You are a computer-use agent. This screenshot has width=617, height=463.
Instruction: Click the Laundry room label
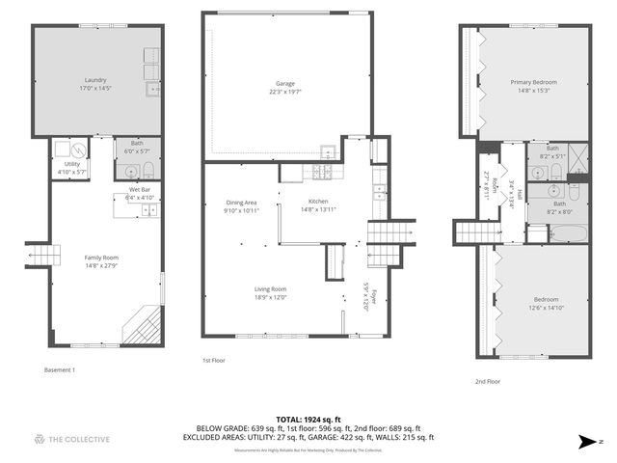tap(94, 79)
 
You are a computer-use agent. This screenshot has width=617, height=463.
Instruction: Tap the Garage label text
tap(285, 83)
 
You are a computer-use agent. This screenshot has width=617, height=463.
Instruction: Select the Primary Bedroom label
tap(533, 82)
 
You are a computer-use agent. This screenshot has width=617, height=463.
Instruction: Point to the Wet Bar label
tap(140, 190)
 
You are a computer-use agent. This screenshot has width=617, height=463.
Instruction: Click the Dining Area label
tap(241, 202)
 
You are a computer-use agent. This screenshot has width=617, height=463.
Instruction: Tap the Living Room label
tap(270, 289)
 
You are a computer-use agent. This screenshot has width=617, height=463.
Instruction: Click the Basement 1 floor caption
tap(60, 369)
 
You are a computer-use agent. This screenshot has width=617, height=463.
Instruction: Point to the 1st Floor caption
tap(214, 360)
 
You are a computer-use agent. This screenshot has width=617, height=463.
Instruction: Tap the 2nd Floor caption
tap(488, 382)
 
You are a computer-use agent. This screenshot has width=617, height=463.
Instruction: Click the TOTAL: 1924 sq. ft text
tap(308, 419)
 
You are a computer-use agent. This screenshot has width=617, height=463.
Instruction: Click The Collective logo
tap(72, 439)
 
